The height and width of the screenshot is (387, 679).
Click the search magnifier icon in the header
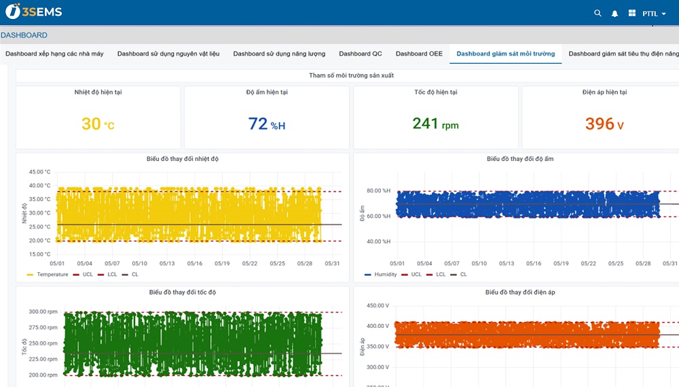[598, 14]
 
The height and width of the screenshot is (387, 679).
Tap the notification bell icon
[614, 14]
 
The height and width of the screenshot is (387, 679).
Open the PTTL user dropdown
[654, 14]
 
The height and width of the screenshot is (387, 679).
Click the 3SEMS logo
[34, 12]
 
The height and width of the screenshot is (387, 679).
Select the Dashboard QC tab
[361, 54]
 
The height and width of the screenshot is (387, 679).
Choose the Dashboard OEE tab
[419, 54]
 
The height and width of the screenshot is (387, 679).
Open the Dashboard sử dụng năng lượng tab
[279, 54]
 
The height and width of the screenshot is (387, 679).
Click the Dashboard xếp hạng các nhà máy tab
[54, 54]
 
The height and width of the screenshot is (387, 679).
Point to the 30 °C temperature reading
[98, 124]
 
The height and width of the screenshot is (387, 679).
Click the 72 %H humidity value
[267, 124]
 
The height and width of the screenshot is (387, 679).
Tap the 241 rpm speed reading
[436, 124]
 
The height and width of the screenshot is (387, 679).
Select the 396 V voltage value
[604, 124]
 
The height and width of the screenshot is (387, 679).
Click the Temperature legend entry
[48, 274]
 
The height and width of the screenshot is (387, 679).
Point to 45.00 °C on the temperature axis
[39, 172]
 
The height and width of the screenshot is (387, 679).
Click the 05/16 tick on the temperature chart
[195, 263]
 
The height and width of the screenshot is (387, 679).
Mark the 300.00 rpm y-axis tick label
[43, 312]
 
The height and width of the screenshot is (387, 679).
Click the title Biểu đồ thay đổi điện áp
[520, 292]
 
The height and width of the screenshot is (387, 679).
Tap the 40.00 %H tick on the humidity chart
[378, 242]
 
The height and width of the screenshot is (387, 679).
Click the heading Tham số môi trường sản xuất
[351, 75]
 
